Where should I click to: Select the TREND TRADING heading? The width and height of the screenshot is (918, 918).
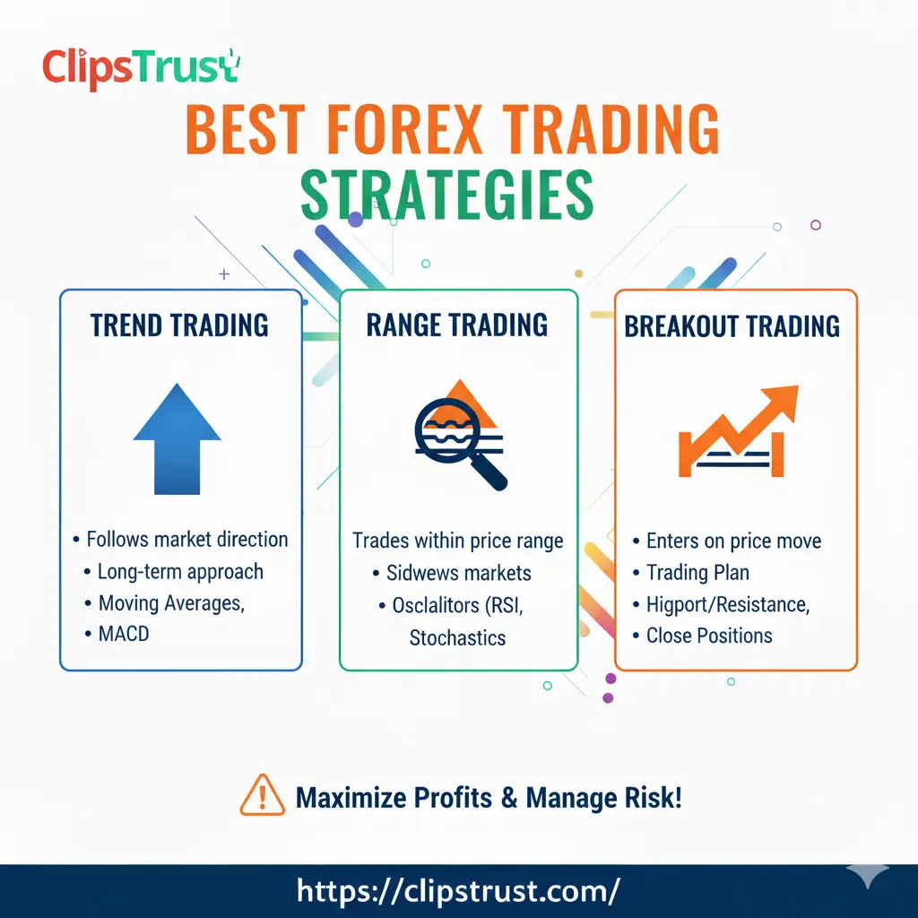coord(179,325)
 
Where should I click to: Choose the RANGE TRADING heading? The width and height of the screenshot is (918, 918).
coord(457,325)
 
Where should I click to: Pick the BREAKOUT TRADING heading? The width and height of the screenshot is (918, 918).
coord(732,325)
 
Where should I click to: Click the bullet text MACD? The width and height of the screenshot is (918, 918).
coord(123,635)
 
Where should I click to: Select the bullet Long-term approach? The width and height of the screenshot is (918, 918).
coord(180,572)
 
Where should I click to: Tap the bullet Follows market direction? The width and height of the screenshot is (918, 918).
coord(186,540)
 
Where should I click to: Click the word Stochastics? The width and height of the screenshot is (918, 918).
coord(457,638)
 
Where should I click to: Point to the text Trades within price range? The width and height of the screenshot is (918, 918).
coord(457,541)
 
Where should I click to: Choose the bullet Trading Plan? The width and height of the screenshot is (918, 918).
coord(697,573)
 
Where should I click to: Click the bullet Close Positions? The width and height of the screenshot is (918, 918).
coord(708,636)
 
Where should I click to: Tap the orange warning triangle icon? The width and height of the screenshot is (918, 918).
coord(262,796)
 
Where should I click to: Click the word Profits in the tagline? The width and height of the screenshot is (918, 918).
coord(437,796)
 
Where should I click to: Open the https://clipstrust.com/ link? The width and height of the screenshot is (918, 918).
coord(458,890)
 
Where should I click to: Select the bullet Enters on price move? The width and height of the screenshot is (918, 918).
coord(732,541)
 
